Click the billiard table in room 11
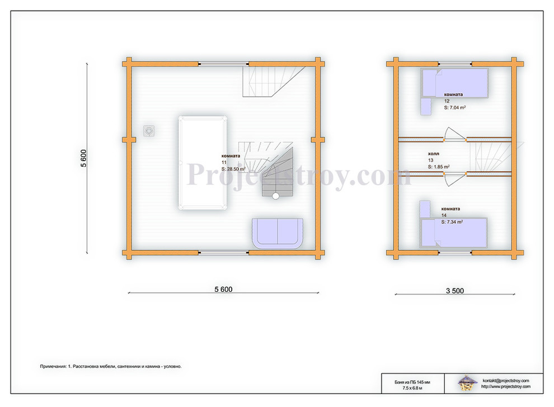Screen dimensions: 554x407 (203, 163)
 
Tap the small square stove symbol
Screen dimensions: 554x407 (149, 131)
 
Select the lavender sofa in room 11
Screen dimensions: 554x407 (278, 234)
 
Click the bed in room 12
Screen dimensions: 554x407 (454, 83)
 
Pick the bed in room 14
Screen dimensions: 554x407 (454, 233)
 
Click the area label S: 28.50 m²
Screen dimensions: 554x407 (233, 169)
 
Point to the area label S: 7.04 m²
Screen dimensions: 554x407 (455, 108)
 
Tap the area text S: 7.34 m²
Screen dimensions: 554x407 (452, 222)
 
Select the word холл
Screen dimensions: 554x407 (434, 154)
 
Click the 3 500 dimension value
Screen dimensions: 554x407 (455, 291)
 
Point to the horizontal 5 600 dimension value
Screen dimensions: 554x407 (223, 290)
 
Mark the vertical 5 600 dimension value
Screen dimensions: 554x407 (84, 158)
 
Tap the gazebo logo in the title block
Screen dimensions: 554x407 (466, 384)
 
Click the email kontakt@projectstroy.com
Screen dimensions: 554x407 (506, 381)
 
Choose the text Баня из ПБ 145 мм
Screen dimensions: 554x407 (412, 382)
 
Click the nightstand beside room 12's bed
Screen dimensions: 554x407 (426, 106)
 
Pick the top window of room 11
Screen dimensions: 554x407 (223, 64)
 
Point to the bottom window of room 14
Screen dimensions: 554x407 (455, 253)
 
